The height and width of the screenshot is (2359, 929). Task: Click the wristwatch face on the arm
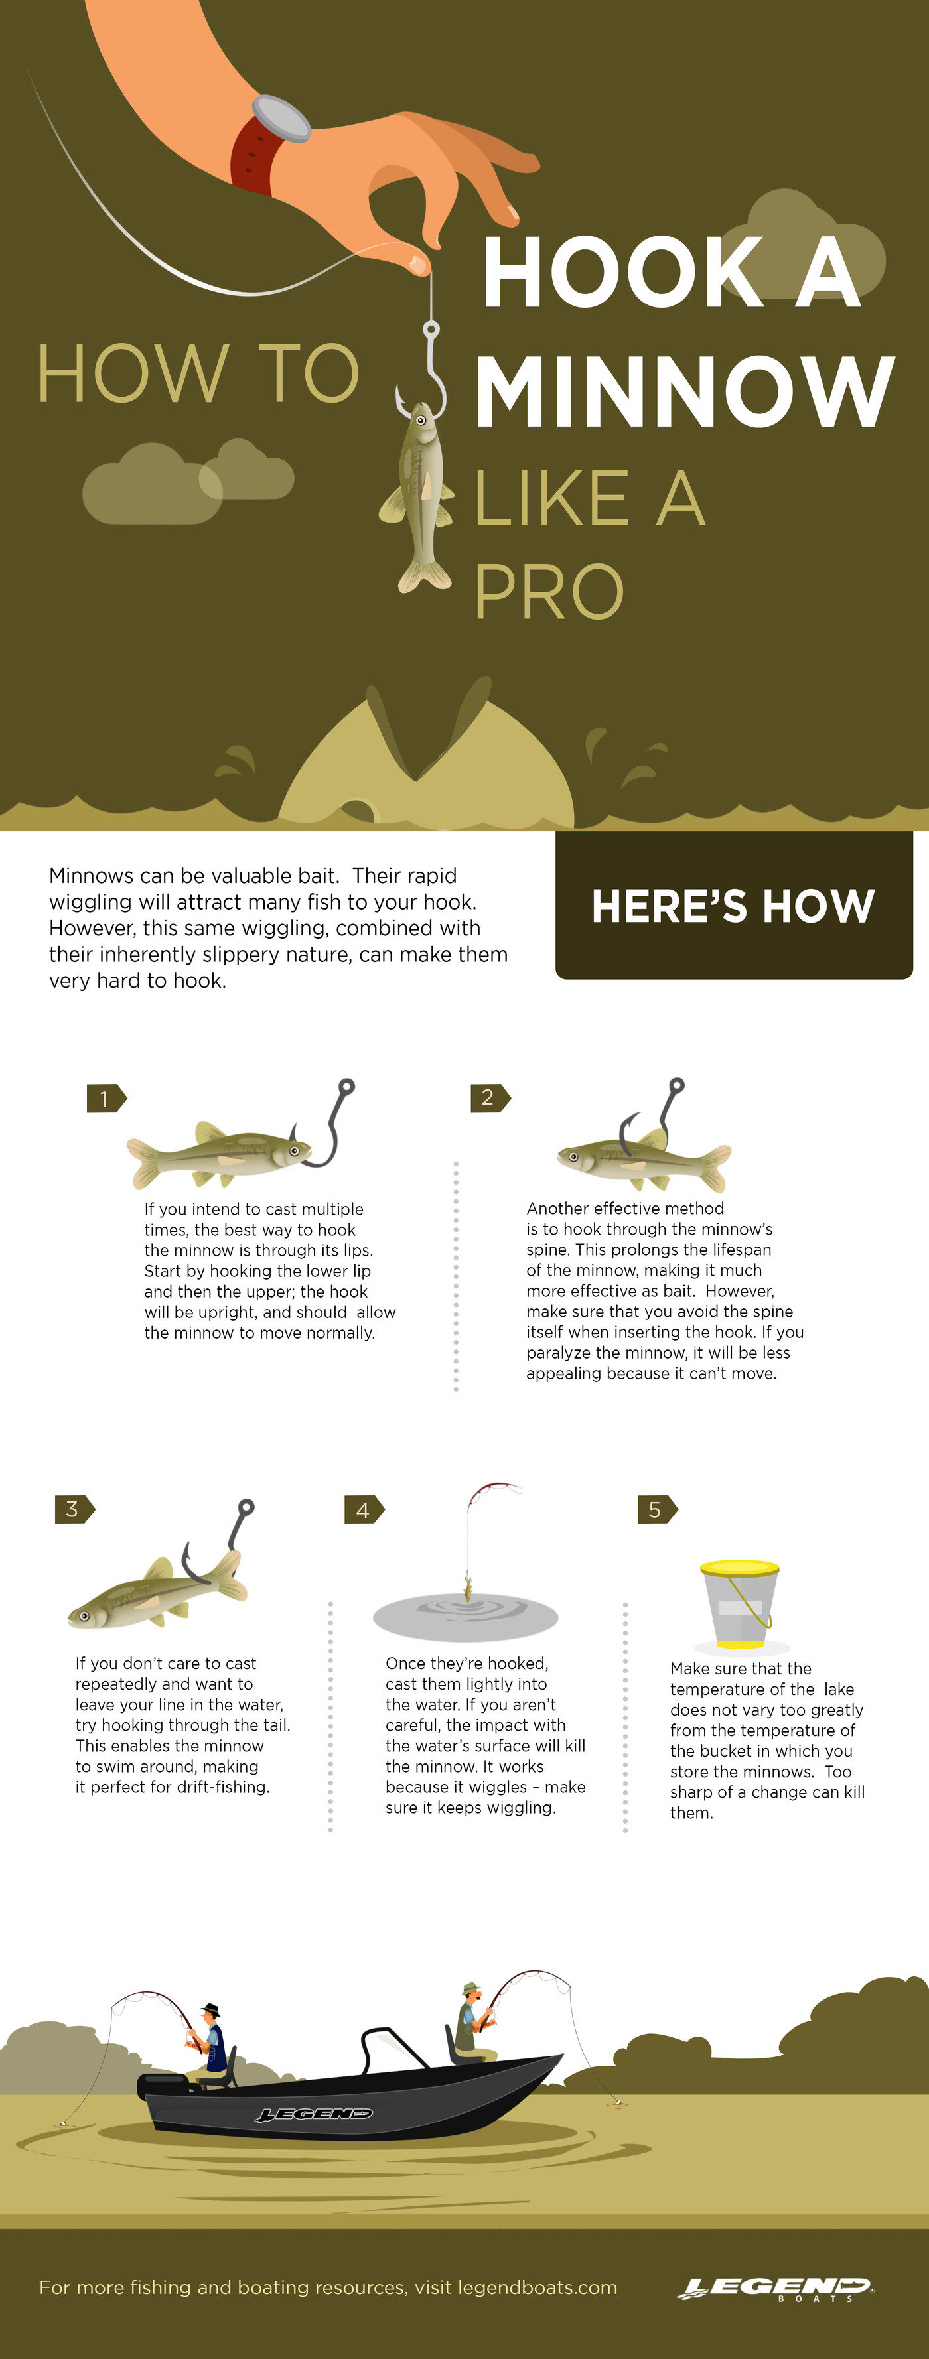coord(281,117)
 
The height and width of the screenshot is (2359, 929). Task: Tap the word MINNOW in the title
coord(683,392)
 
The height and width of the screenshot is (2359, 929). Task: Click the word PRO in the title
coord(549,592)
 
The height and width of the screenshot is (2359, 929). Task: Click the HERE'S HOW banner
coord(734,906)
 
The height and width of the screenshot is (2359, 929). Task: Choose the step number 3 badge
coord(73,1509)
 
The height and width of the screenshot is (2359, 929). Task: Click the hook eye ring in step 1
coord(346,1087)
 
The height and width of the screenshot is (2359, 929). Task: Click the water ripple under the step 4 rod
coord(465,1616)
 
